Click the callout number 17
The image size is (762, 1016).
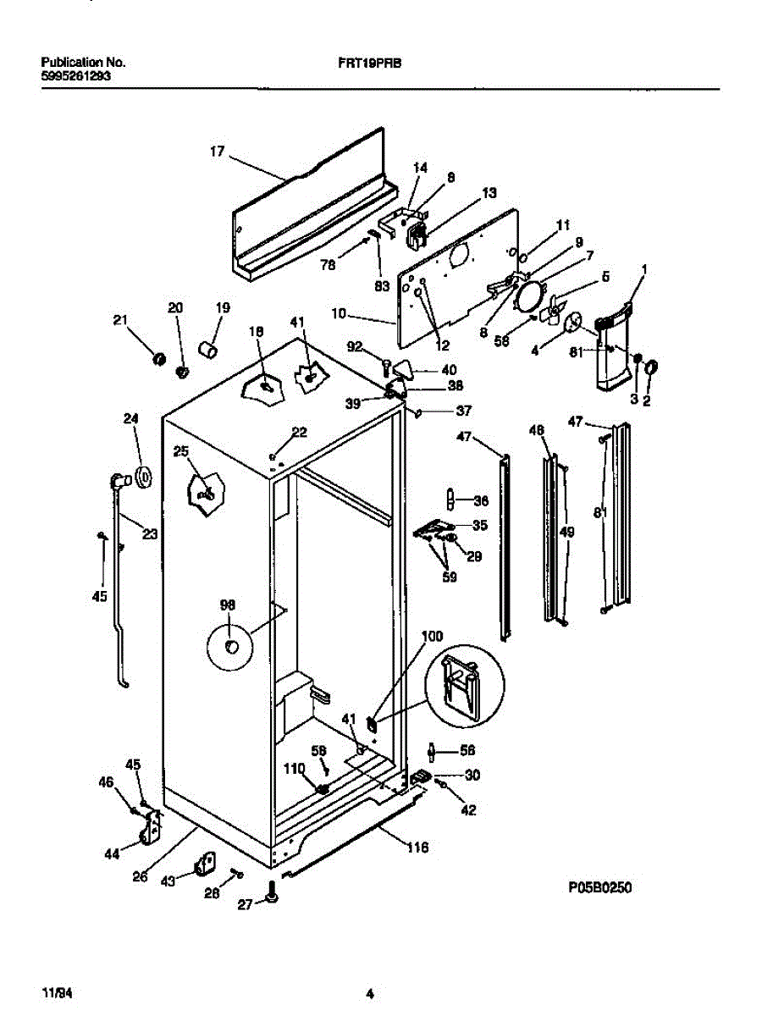click(x=217, y=152)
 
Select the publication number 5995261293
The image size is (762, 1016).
click(x=75, y=75)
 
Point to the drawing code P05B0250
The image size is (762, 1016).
click(x=600, y=887)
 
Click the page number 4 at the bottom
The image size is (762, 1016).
click(x=370, y=993)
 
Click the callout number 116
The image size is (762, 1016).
click(x=417, y=847)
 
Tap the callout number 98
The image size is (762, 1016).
click(x=227, y=605)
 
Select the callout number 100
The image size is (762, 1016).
click(x=432, y=635)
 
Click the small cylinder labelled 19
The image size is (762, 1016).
click(x=207, y=348)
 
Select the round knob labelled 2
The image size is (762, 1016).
click(x=652, y=367)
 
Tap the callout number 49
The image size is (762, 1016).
click(x=567, y=532)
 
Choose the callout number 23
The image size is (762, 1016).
click(x=149, y=533)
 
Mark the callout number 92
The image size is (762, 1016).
click(x=355, y=345)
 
